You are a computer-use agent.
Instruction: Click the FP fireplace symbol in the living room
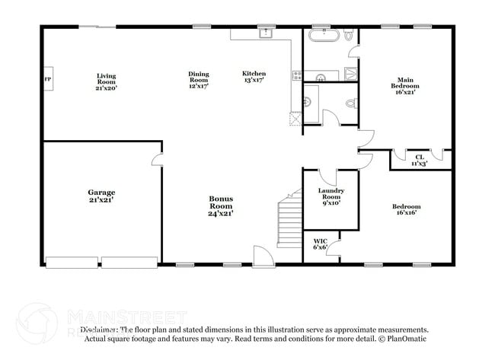pos(47,79)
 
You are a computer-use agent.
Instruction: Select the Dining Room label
pos(199,79)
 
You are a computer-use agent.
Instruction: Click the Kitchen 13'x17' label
pos(254,76)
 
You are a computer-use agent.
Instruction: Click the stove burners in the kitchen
pos(296,75)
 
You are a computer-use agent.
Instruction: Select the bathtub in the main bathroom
pos(324,36)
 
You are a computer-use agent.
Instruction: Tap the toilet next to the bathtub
pos(349,36)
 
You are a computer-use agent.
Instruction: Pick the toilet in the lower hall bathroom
pos(351,103)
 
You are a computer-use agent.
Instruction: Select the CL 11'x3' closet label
pos(420,160)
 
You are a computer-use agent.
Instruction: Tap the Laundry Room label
pos(331,196)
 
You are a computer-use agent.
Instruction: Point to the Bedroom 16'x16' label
pos(406,210)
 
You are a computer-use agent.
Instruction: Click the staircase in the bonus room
pos(289,221)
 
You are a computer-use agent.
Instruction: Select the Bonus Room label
pos(221,205)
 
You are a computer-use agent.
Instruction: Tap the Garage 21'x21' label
pos(101,197)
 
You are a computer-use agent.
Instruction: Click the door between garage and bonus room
pos(158,160)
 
